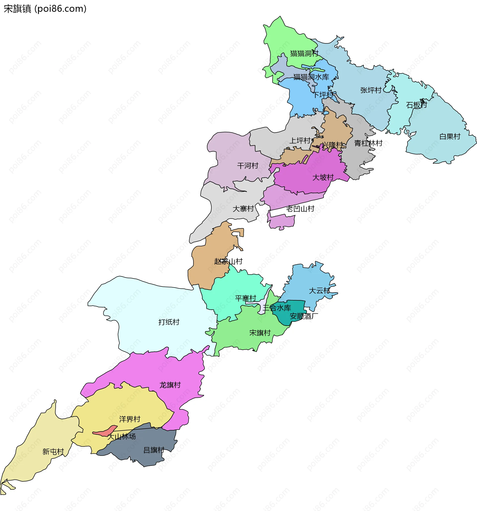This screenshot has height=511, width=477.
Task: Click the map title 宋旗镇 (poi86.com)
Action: coord(45,9)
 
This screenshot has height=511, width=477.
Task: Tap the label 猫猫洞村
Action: coord(304,53)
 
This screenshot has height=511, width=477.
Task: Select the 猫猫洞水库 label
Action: coord(311,77)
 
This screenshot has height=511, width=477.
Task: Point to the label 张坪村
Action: coord(371,90)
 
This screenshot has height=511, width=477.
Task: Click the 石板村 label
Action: coord(416,105)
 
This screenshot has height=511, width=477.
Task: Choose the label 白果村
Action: coord(450,137)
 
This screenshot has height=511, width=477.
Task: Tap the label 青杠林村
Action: coord(368,143)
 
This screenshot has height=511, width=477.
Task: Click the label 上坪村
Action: coord(300,141)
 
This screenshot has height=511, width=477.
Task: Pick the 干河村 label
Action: coord(248,166)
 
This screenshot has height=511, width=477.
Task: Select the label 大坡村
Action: coord(323,177)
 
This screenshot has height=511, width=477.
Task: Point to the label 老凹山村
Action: coord(300,209)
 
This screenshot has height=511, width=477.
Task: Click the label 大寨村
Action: coord(243,209)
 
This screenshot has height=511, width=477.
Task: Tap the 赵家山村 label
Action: coord(228,261)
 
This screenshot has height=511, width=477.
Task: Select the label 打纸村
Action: coord(169,322)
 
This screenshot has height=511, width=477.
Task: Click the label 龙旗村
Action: coord(170,385)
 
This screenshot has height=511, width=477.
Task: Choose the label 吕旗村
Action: coord(154,450)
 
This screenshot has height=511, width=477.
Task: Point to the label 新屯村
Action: coord(53,452)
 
